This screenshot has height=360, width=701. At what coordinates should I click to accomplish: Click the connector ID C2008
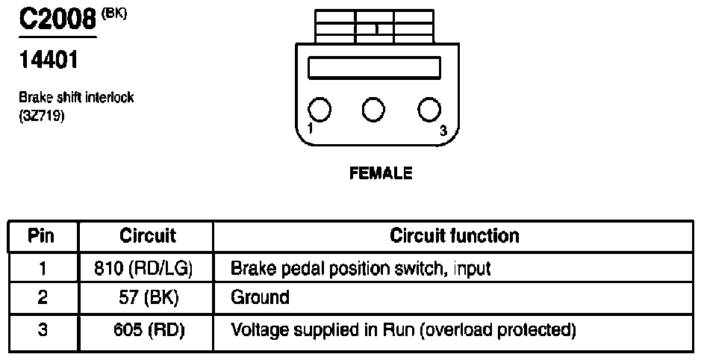pyautogui.click(x=57, y=19)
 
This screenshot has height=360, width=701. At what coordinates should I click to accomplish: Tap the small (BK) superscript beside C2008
pyautogui.click(x=114, y=13)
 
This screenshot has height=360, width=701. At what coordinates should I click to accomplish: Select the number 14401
pyautogui.click(x=49, y=60)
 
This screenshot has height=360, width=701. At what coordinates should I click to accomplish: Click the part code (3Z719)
pyautogui.click(x=42, y=117)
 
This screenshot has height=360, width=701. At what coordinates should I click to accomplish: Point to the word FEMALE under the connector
pyautogui.click(x=381, y=173)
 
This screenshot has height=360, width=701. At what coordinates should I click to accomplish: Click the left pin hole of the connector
pyautogui.click(x=320, y=110)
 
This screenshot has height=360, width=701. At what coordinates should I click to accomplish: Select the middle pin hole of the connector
pyautogui.click(x=373, y=110)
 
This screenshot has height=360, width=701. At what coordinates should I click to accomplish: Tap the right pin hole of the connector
pyautogui.click(x=429, y=110)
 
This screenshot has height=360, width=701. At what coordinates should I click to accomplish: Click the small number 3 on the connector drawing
pyautogui.click(x=443, y=131)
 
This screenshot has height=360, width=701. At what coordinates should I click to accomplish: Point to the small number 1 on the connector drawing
pyautogui.click(x=311, y=128)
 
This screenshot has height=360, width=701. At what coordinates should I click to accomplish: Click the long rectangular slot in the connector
pyautogui.click(x=375, y=67)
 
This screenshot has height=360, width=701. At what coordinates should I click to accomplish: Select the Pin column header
pyautogui.click(x=41, y=236)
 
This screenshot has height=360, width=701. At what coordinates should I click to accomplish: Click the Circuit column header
pyautogui.click(x=148, y=236)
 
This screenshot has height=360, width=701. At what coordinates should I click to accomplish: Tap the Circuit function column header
pyautogui.click(x=454, y=236)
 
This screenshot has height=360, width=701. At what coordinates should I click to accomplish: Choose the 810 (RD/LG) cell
pyautogui.click(x=143, y=268)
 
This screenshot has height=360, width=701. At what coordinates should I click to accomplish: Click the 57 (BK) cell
pyautogui.click(x=149, y=298)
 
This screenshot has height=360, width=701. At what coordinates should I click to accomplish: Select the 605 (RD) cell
pyautogui.click(x=149, y=330)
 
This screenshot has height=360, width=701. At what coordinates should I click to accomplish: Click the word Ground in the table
pyautogui.click(x=260, y=297)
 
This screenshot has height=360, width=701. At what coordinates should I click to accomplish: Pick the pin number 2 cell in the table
pyautogui.click(x=43, y=298)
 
